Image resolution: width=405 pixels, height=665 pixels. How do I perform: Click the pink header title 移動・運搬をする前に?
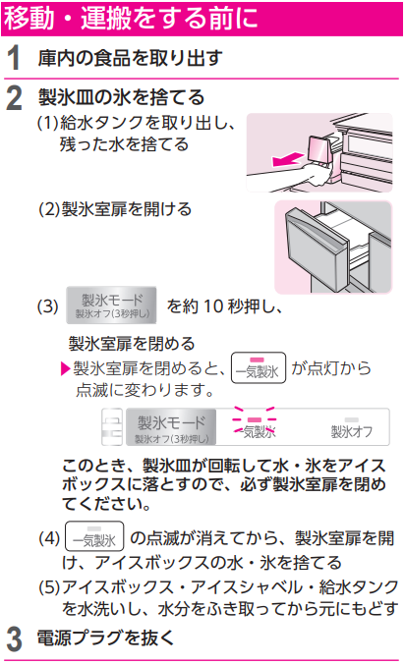tap(131, 18)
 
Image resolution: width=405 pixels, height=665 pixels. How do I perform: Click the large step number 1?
tap(14, 58)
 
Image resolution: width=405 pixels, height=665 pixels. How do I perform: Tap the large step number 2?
tap(15, 98)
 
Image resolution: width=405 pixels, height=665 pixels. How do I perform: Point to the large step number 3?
tap(15, 639)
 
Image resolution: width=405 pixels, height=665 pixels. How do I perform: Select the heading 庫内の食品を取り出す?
tap(130, 58)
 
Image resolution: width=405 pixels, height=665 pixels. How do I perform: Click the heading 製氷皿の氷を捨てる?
tap(122, 97)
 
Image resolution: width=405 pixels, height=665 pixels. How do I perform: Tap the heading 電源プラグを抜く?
tap(106, 637)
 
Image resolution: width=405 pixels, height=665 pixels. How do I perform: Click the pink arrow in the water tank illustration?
tap(288, 160)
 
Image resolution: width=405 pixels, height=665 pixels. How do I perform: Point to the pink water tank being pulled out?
tap(318, 149)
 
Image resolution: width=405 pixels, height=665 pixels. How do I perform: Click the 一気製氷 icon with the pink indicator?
tap(259, 367)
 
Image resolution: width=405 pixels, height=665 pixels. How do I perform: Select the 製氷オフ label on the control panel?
tap(352, 428)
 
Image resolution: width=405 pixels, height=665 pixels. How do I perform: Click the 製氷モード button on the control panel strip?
tap(171, 427)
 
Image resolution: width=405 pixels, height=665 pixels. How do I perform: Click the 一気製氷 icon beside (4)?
tap(94, 536)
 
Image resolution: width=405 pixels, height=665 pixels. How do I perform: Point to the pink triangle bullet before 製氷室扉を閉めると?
tap(66, 368)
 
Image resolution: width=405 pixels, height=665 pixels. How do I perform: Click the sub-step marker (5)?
tap(49, 587)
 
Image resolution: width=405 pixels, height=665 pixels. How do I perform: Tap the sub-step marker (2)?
tap(49, 209)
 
